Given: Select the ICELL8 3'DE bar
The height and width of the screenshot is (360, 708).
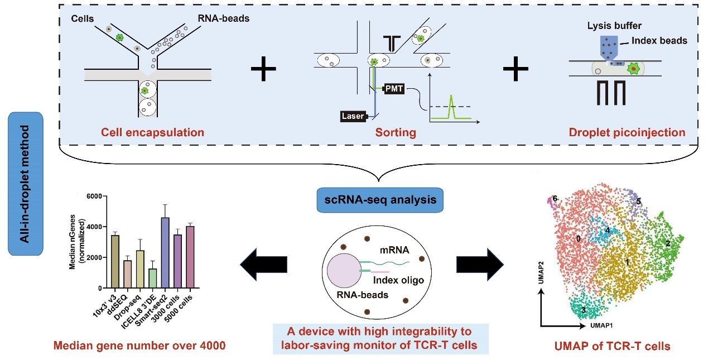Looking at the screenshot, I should (152, 278).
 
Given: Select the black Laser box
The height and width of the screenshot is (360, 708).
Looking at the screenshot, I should (353, 116).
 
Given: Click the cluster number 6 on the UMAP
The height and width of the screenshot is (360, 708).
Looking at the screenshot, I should (555, 198).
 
